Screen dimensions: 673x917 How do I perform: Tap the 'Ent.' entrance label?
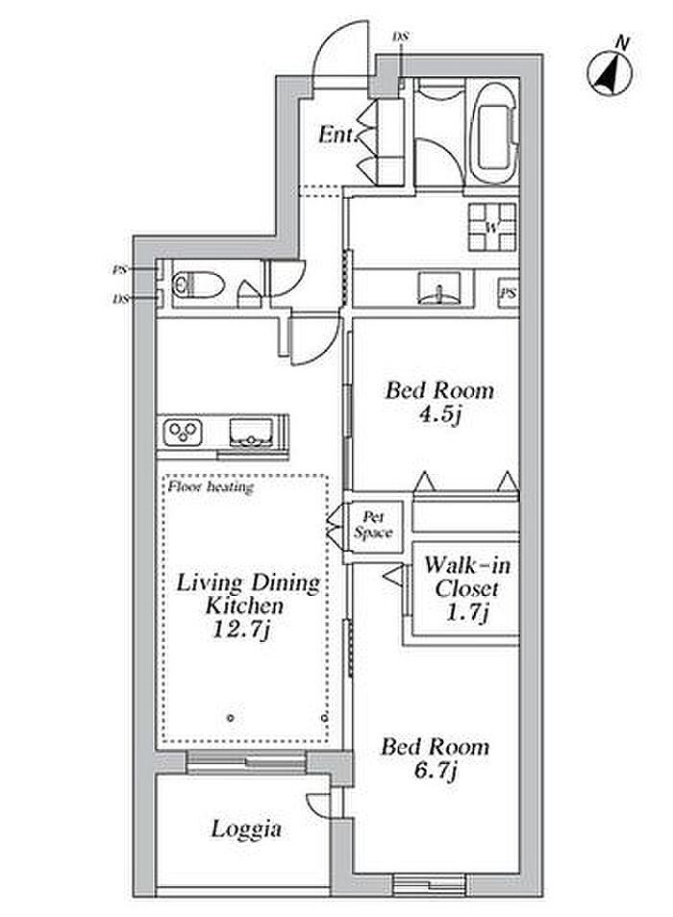(337, 136)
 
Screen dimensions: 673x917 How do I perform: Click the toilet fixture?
(198, 285)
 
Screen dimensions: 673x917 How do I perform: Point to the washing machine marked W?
(492, 226)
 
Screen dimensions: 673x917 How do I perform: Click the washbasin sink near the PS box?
(439, 287)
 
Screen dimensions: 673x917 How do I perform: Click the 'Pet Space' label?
(373, 525)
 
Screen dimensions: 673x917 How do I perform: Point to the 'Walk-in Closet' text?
(466, 577)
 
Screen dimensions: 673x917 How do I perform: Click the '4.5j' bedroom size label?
(440, 415)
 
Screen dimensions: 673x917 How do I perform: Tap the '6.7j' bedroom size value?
(435, 771)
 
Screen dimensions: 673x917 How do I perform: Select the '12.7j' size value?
(241, 630)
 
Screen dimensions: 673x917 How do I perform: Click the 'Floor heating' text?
(211, 486)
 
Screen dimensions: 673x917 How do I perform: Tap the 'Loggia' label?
(246, 830)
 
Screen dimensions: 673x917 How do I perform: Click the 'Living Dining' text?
(248, 583)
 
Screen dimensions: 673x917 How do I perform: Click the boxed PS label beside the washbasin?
(509, 293)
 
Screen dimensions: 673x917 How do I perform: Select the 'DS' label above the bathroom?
(401, 37)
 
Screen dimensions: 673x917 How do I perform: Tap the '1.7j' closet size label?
(467, 612)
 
